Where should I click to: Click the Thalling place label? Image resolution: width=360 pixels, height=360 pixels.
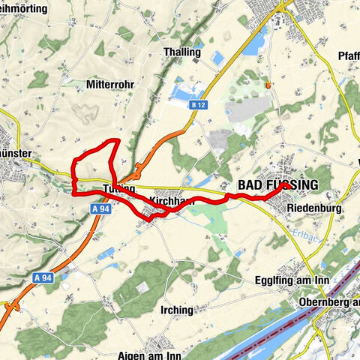(181, 52)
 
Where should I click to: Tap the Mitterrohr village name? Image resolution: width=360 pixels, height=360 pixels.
(109, 85)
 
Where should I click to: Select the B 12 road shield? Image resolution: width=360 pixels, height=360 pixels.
(198, 106)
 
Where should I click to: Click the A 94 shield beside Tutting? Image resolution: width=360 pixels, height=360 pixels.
(103, 209)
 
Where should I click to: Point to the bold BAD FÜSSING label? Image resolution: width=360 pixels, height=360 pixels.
(277, 185)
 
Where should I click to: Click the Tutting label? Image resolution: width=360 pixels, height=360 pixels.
(119, 188)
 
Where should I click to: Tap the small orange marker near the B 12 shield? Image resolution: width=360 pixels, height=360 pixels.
(267, 85)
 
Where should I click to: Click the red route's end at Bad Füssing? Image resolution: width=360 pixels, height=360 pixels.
(280, 190)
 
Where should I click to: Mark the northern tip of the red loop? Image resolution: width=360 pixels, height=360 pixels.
(114, 140)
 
